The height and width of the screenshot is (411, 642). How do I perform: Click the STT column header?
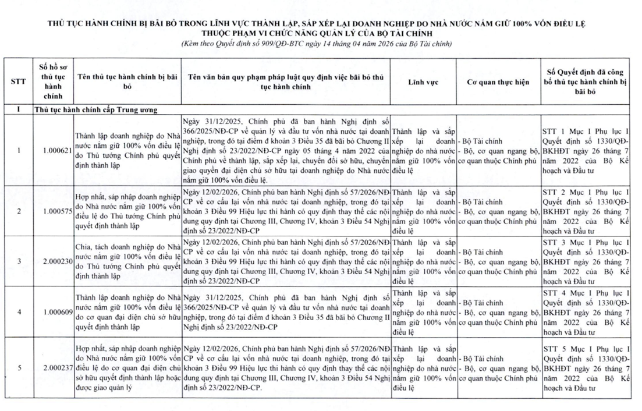click(18, 82)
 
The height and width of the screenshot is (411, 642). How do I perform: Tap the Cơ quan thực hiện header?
click(498, 82)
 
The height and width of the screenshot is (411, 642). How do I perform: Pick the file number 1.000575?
click(56, 210)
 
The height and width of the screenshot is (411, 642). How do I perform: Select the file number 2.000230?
click(56, 261)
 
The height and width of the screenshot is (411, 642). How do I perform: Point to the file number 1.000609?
click(56, 312)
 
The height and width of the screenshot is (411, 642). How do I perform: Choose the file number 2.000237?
click(56, 367)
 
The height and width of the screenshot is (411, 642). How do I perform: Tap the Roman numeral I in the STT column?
click(18, 109)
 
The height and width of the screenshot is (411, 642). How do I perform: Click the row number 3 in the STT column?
click(18, 261)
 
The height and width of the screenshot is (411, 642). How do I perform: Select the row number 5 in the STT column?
click(18, 367)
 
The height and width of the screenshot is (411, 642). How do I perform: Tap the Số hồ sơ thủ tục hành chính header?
click(56, 82)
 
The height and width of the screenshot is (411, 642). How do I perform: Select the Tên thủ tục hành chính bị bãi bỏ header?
click(126, 82)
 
